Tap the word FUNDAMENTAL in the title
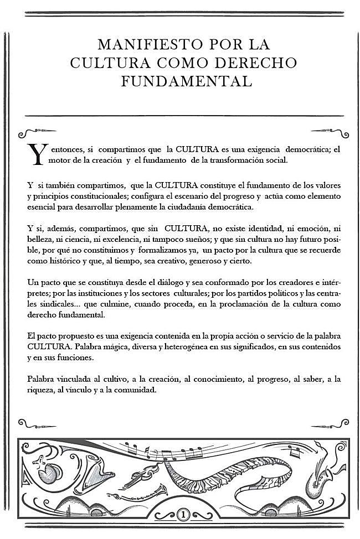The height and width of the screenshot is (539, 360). pos(187,81)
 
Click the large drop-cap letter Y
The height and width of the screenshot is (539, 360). pos(35,156)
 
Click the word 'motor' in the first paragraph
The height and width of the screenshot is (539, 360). pos(59,160)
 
